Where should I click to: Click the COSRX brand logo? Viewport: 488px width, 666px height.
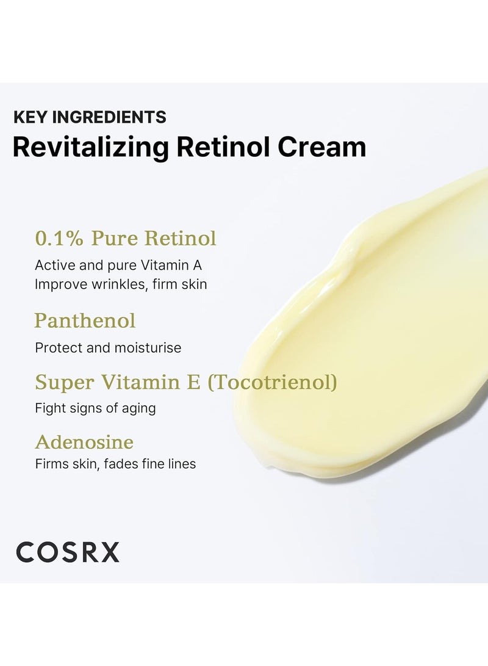point(68,552)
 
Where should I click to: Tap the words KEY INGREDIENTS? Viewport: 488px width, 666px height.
point(90,117)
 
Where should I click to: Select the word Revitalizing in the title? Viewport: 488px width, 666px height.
point(90,148)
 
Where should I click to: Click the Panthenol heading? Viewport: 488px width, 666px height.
point(85,321)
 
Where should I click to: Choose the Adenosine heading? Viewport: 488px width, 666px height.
point(84,442)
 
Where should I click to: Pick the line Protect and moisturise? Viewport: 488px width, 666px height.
point(108,348)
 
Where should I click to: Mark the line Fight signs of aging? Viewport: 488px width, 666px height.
point(95,408)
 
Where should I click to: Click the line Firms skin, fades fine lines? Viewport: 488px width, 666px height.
point(115,464)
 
